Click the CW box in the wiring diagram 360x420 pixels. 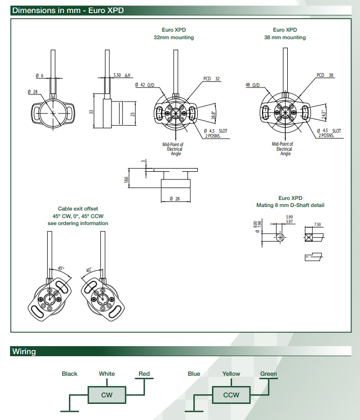[x=106, y=395]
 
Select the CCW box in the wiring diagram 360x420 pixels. [x=231, y=395]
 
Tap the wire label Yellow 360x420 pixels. [x=231, y=374]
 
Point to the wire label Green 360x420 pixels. [x=269, y=374]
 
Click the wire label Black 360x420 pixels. [x=70, y=374]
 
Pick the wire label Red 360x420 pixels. [x=144, y=374]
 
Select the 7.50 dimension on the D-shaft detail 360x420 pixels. [x=317, y=225]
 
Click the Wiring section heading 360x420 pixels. [x=24, y=352]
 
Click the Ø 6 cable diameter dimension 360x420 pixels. [x=40, y=75]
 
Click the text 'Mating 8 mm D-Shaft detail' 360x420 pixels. [x=291, y=205]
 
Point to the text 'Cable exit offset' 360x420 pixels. [x=78, y=208]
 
